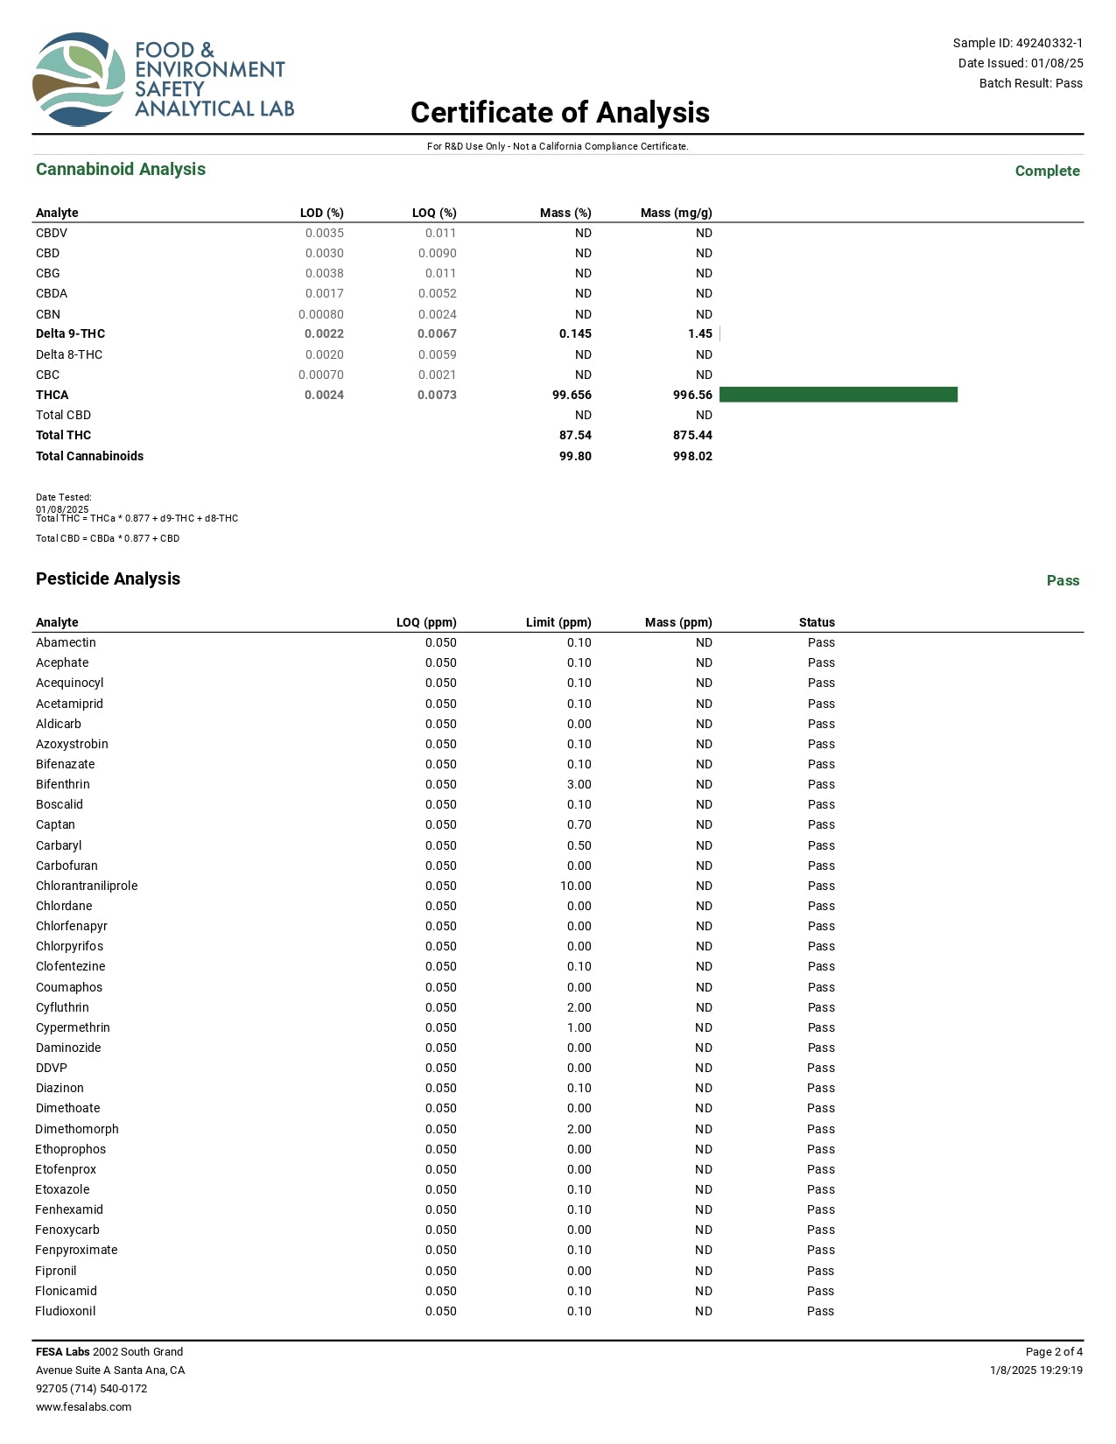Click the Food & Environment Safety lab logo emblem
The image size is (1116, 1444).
click(79, 80)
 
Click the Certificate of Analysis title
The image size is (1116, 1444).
click(559, 113)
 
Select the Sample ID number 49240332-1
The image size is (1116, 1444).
click(1049, 43)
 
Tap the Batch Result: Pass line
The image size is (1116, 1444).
click(1030, 83)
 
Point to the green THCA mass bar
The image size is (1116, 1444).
click(838, 395)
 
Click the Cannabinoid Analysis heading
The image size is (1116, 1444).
click(121, 170)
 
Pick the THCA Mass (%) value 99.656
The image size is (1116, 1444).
click(572, 395)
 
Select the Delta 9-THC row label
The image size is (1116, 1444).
click(70, 333)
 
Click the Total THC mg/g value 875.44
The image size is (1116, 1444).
click(692, 435)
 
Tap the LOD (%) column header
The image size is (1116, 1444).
click(321, 213)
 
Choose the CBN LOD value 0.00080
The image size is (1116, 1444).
click(320, 314)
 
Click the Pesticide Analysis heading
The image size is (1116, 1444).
click(108, 578)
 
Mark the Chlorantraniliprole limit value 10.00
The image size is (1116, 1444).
click(576, 886)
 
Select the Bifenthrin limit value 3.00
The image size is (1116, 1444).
click(579, 784)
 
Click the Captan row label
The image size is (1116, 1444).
click(55, 824)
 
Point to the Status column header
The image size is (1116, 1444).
click(817, 622)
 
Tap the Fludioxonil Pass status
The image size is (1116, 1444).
click(820, 1311)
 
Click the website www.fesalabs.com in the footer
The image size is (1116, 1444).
click(83, 1407)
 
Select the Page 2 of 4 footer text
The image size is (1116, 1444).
click(1054, 1352)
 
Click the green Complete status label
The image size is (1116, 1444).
click(1047, 171)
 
